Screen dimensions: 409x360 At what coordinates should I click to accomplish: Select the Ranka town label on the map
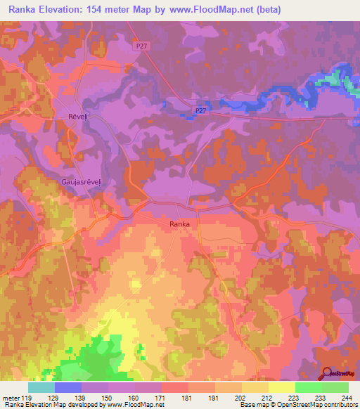pyautogui.click(x=179, y=224)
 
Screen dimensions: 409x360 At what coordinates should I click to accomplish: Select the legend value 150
pyautogui.click(x=108, y=398)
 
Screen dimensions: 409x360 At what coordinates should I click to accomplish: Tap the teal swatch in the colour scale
pyautogui.click(x=41, y=387)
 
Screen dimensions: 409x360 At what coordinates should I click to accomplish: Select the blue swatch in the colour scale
pyautogui.click(x=68, y=387)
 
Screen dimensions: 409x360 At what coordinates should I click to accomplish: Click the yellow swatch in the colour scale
pyautogui.click(x=282, y=387)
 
